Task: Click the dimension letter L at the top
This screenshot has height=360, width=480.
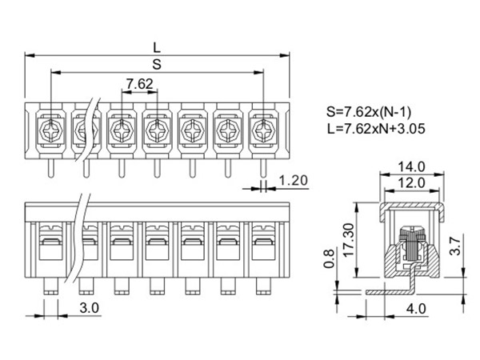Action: [157, 45]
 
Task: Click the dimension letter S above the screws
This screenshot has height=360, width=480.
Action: [157, 62]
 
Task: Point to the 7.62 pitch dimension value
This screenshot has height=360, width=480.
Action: [139, 84]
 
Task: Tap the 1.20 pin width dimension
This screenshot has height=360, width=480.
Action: [294, 181]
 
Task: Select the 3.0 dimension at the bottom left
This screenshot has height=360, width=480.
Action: [89, 306]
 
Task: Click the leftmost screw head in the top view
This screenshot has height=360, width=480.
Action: [50, 127]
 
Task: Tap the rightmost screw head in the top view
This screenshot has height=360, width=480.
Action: [262, 127]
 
